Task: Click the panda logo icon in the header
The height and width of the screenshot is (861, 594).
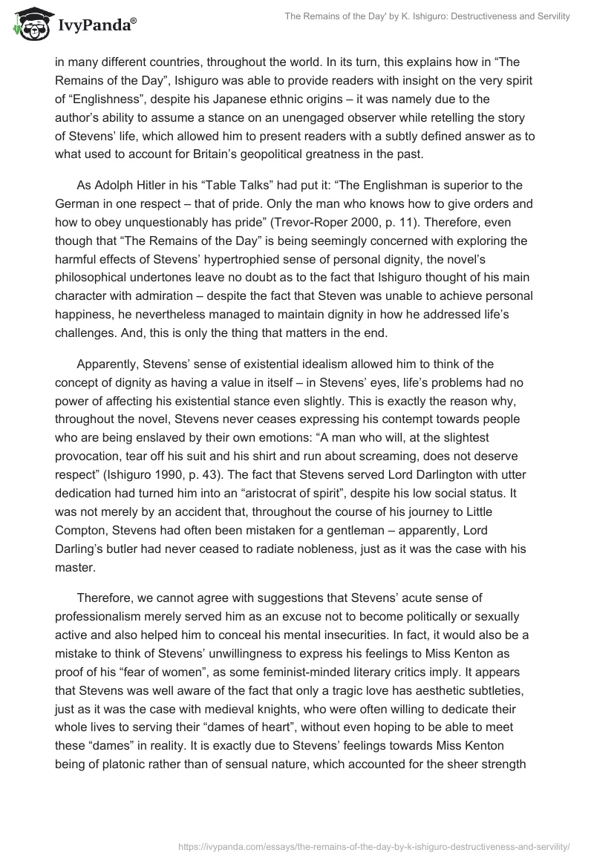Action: point(27,24)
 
